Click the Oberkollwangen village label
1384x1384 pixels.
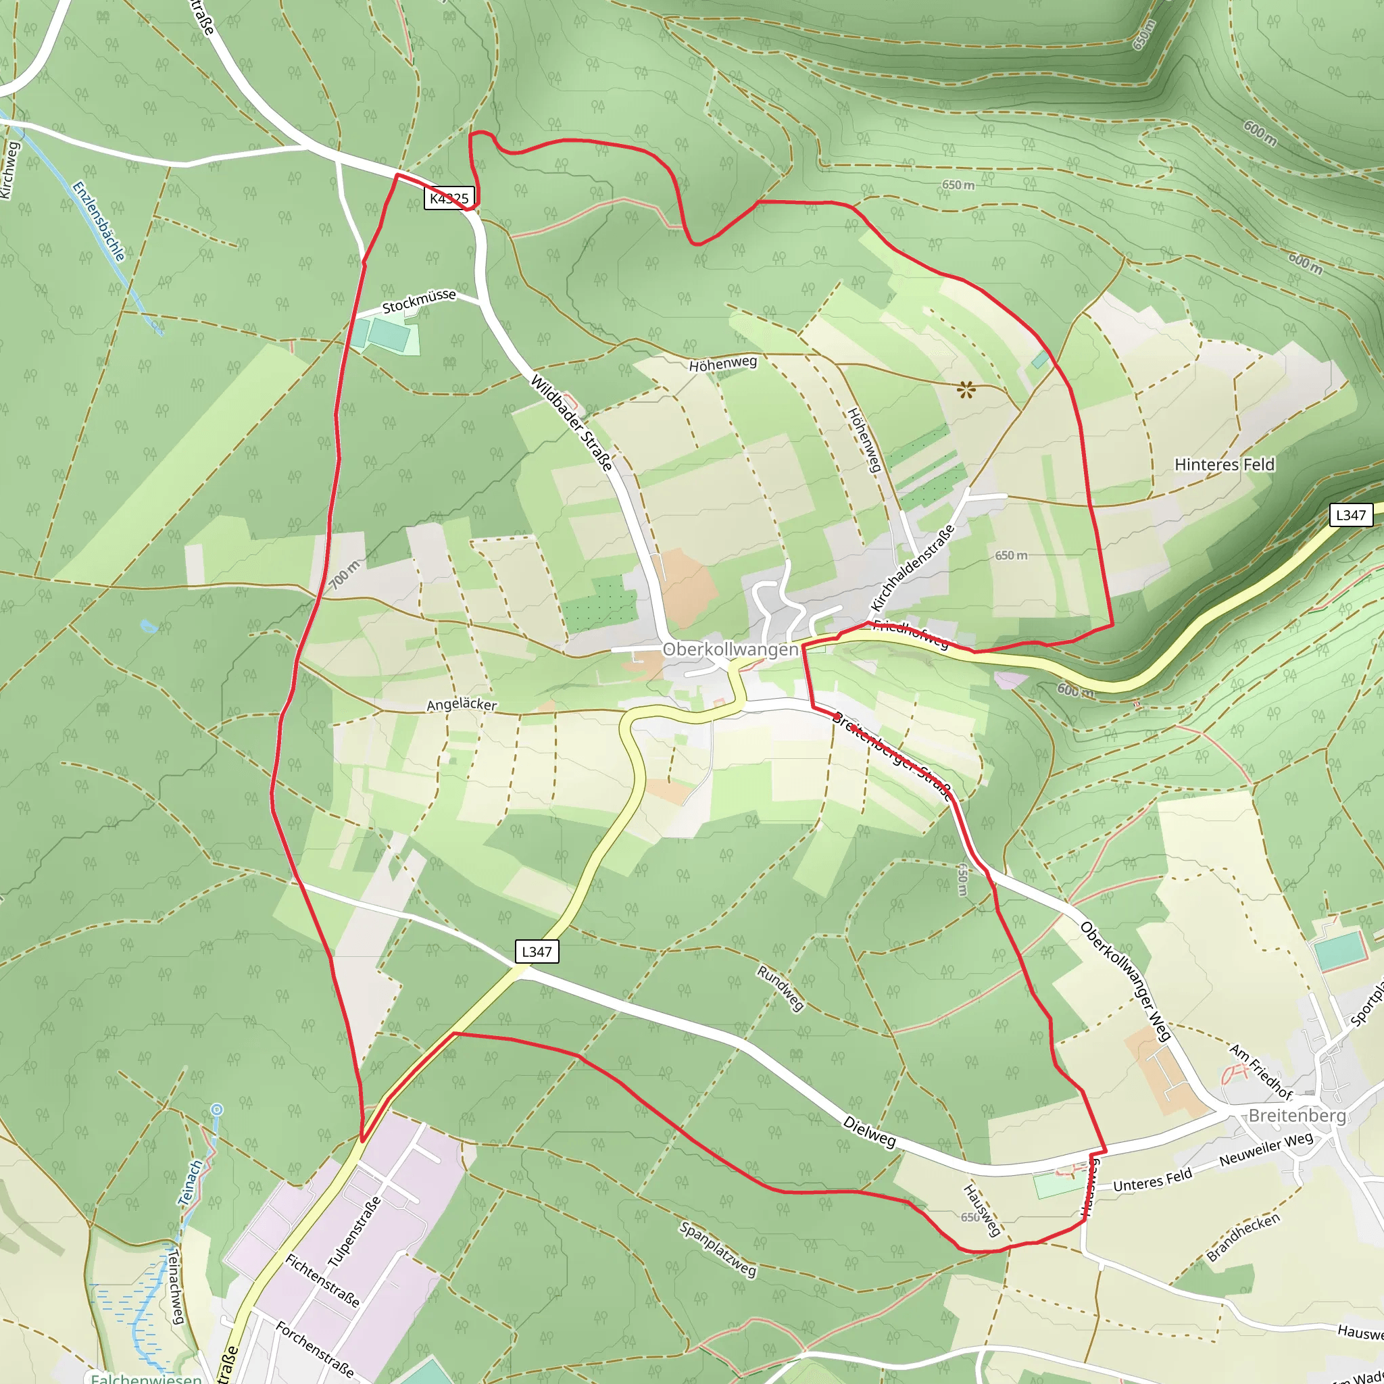pos(730,649)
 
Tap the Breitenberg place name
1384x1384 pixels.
pos(1297,1115)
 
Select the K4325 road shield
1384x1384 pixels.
pos(449,198)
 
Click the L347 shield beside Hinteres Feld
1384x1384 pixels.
pos(1350,514)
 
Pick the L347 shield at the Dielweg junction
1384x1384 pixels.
pos(537,951)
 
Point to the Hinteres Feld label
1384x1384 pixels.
pos(1225,465)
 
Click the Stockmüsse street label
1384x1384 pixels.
pos(419,301)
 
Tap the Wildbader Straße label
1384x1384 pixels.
pos(572,422)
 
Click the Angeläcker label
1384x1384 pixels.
pos(462,705)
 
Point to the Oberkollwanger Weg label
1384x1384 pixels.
pos(1125,981)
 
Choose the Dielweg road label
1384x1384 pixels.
pos(869,1131)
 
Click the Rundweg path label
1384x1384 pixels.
pos(781,989)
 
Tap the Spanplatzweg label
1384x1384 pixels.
pos(718,1250)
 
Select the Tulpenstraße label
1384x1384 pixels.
pos(354,1231)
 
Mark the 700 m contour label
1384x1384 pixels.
pos(345,574)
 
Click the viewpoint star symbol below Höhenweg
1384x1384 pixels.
pos(966,390)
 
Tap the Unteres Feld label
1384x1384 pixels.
pos(1153,1179)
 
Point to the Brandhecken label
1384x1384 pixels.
pos(1243,1237)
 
